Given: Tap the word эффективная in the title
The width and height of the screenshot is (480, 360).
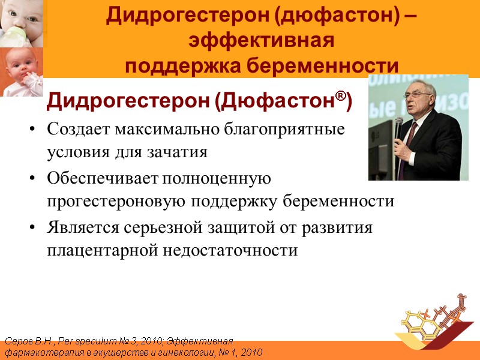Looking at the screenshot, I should tap(261, 41).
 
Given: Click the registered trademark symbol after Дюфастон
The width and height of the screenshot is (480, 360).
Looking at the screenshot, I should tap(342, 98).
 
